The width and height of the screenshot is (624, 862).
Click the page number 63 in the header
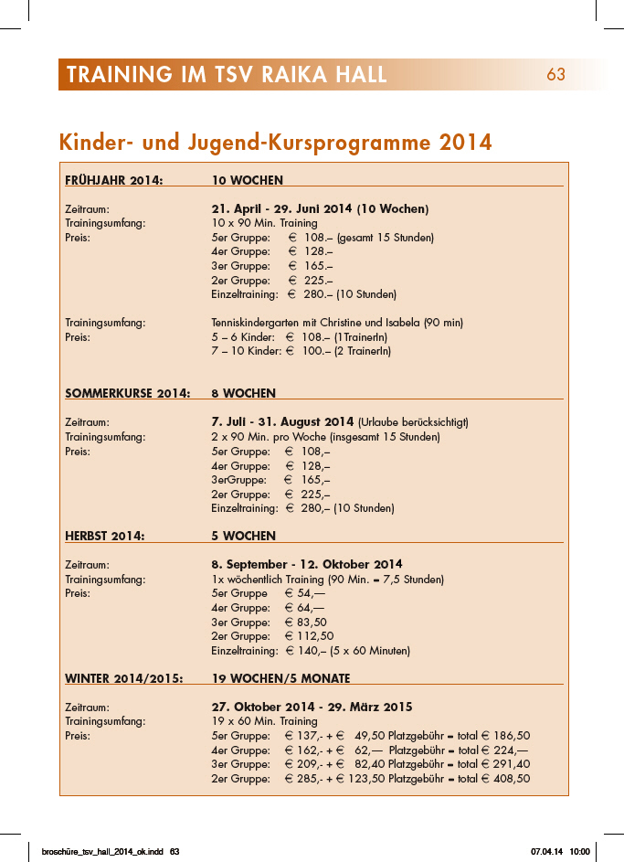tap(556, 75)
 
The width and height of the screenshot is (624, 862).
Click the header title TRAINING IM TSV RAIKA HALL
tap(227, 75)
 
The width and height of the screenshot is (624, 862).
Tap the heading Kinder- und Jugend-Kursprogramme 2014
tap(275, 143)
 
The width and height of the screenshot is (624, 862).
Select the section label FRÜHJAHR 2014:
tap(114, 180)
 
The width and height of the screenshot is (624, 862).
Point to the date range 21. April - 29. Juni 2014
tap(282, 208)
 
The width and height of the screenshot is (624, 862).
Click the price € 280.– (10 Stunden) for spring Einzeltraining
tap(342, 294)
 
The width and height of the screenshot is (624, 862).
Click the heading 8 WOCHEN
tap(243, 394)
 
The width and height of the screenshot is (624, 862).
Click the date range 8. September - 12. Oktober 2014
tap(306, 564)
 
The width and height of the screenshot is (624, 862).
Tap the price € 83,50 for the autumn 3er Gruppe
tap(306, 622)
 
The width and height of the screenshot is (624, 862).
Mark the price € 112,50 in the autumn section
tap(310, 636)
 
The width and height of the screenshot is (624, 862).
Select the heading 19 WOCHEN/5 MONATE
tap(280, 678)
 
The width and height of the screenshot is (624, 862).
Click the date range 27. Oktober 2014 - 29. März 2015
tap(312, 707)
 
